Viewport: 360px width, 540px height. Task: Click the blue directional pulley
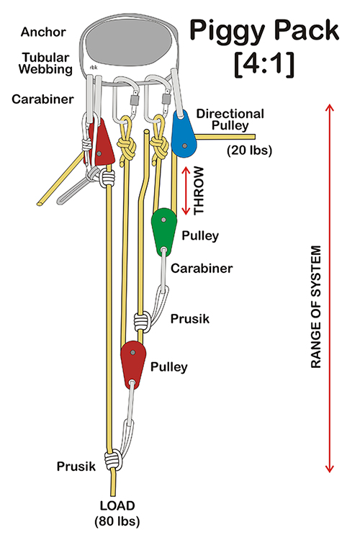[184, 134]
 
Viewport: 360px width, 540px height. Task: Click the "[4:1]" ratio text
[264, 64]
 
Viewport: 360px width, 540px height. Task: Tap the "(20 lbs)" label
[249, 150]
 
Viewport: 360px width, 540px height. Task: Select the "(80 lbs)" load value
[117, 521]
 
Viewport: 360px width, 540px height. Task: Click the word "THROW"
[199, 191]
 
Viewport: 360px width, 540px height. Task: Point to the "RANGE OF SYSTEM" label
[316, 307]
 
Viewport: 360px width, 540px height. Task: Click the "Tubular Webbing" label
[46, 63]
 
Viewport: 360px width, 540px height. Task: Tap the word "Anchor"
[43, 32]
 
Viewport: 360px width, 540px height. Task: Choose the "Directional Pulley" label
[230, 120]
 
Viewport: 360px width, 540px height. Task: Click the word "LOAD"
[117, 505]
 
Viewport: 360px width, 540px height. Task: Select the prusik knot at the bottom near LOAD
[114, 460]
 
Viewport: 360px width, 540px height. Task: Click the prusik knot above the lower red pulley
[143, 321]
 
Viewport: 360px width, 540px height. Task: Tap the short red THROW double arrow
[186, 191]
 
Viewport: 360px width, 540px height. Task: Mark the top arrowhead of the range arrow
[330, 106]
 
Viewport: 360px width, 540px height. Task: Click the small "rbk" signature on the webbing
[94, 68]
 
